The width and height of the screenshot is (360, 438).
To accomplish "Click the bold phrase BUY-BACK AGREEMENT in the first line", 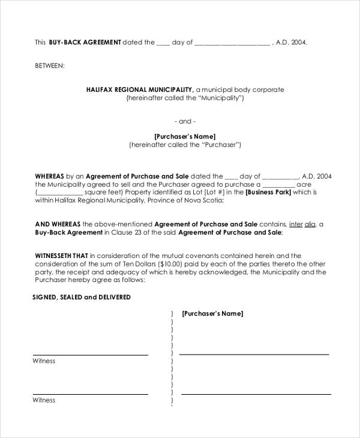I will [85, 43].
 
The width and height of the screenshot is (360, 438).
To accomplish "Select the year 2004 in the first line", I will [299, 43].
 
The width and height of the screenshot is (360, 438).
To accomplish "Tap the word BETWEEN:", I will [50, 65].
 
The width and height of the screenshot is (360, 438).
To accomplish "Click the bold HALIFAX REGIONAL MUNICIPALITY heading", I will [139, 89].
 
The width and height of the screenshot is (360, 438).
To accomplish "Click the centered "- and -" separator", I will [185, 121].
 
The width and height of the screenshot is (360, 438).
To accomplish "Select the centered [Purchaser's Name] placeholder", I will [185, 136].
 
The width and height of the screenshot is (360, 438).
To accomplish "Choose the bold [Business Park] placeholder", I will [268, 193].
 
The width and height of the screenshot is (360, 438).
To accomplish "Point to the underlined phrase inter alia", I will [302, 224].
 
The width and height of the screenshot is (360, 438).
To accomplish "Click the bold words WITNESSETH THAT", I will [62, 256].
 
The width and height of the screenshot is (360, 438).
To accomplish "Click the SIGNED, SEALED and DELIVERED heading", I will [82, 297].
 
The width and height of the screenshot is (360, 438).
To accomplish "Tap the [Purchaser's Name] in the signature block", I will [212, 313].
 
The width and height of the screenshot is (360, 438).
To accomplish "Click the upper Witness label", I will [44, 361].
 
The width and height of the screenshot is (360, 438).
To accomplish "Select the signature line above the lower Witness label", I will [90, 394].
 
